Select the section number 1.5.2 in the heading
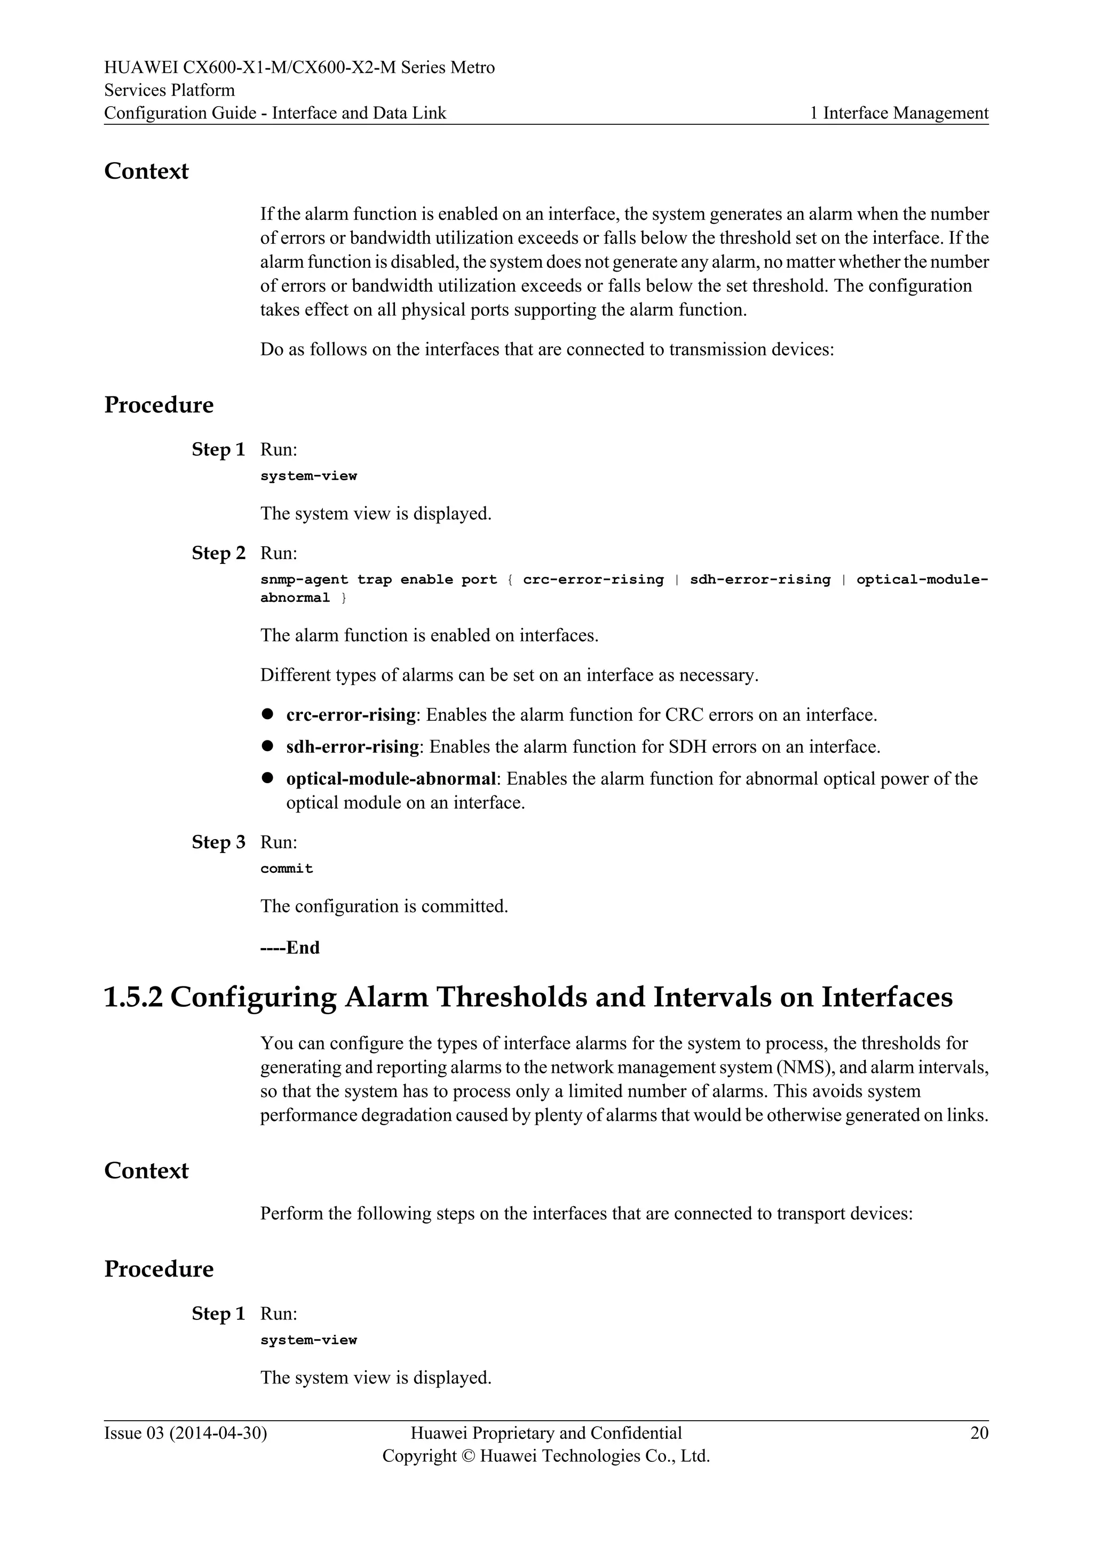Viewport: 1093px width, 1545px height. (133, 997)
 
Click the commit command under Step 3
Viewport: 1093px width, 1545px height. (287, 869)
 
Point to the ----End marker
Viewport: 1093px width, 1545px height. (290, 947)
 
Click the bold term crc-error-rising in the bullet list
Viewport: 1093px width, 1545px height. (351, 715)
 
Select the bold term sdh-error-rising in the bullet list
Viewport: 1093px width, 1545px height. (353, 747)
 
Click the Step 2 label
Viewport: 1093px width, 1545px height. (218, 553)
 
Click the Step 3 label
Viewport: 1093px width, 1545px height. (218, 842)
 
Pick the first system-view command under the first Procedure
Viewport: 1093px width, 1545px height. (308, 476)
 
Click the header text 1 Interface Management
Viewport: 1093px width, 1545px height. (899, 113)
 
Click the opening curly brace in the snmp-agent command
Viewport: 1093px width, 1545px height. (511, 579)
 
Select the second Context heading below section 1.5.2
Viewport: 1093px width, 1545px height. (146, 1171)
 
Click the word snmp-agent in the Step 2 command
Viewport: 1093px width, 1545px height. (304, 579)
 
